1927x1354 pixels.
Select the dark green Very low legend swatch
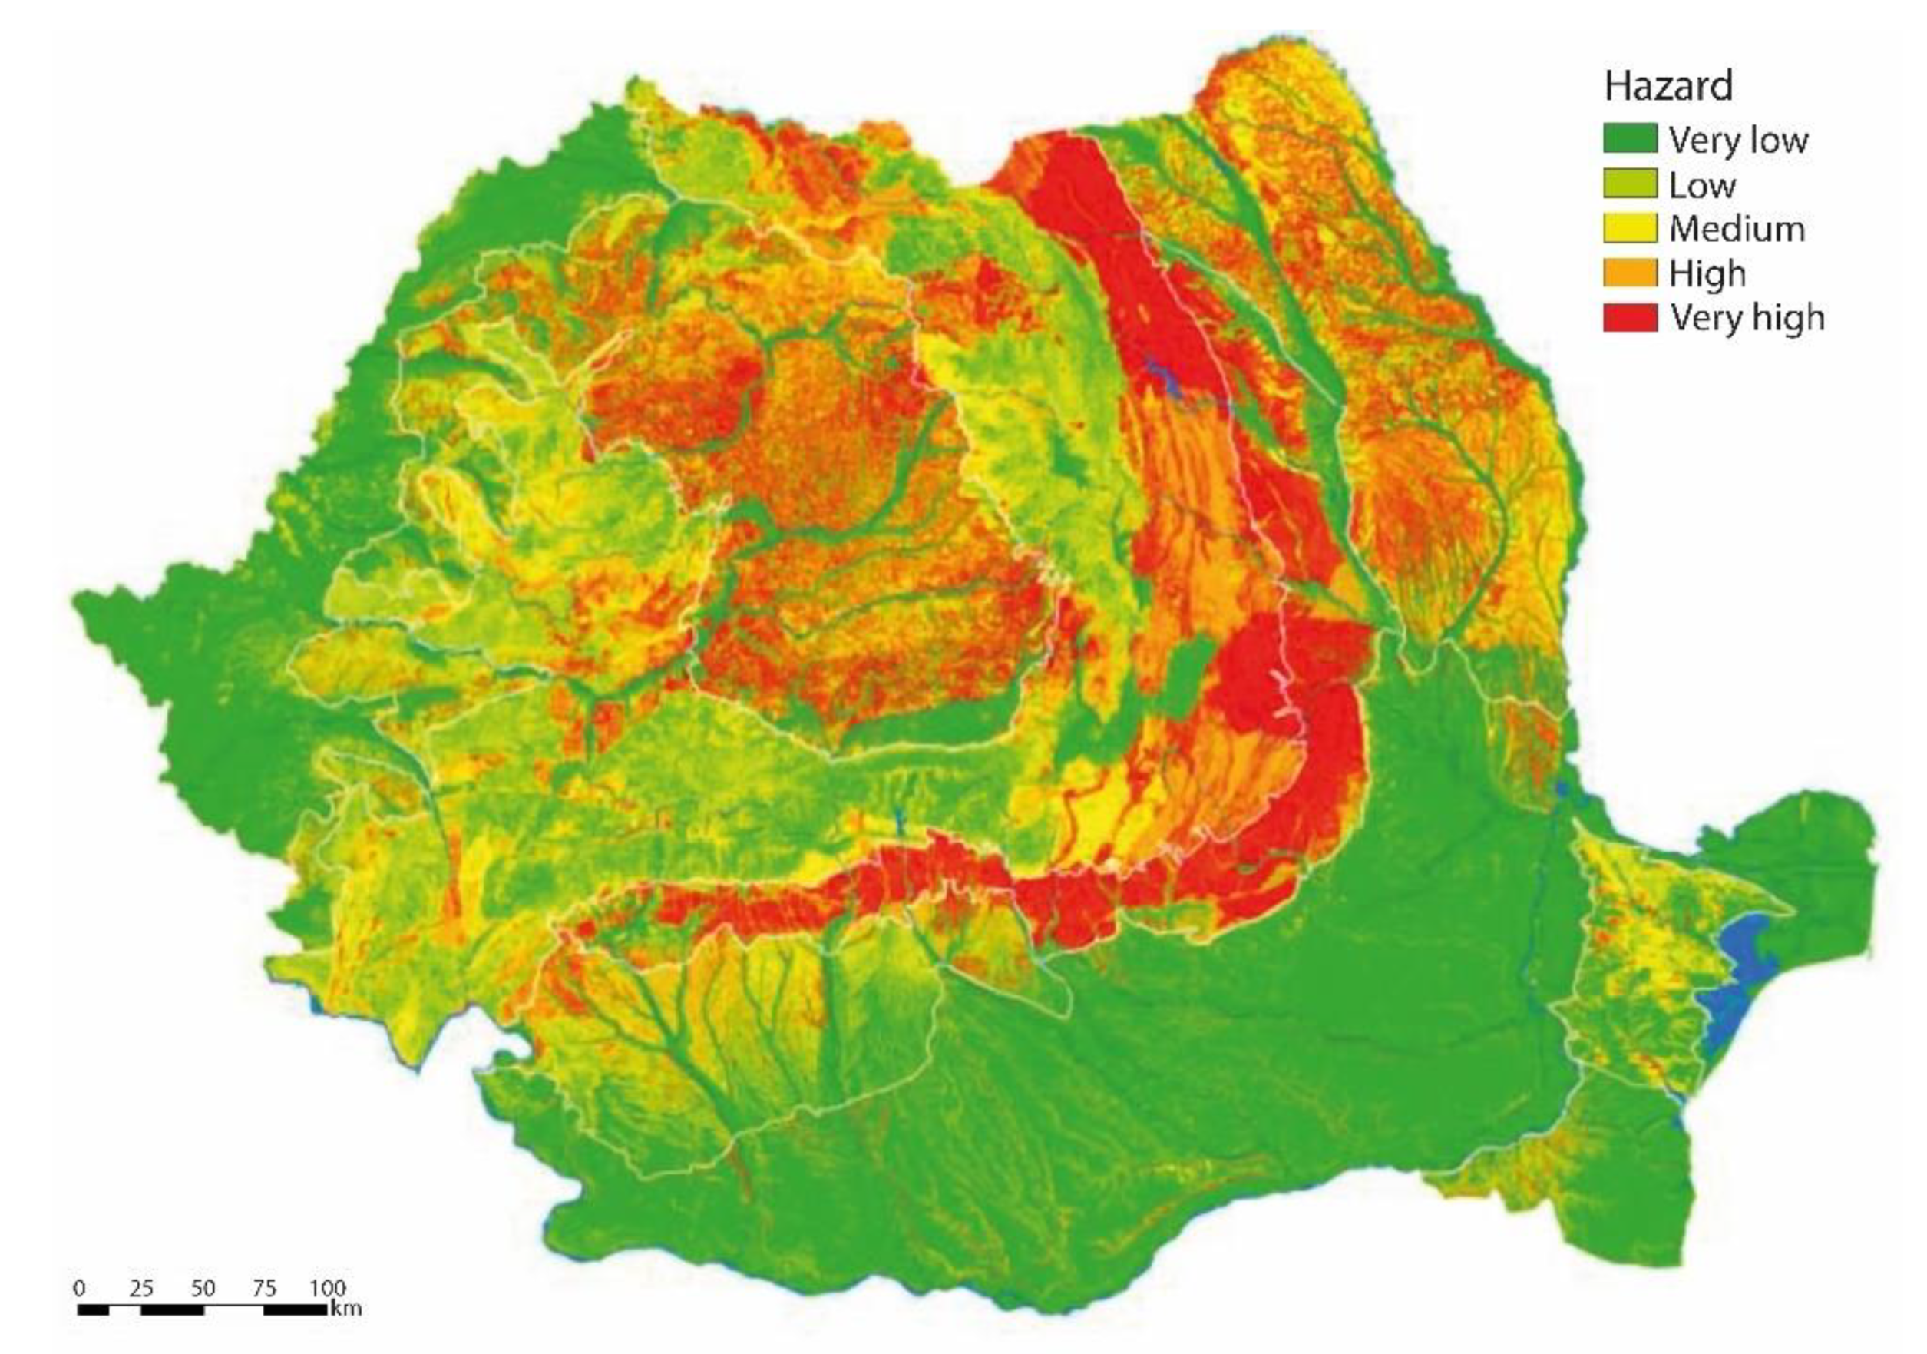point(1630,138)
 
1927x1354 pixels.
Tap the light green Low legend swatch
point(1630,184)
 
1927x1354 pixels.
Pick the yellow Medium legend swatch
point(1630,228)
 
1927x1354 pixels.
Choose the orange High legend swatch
point(1630,273)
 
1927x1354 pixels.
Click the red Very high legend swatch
point(1630,317)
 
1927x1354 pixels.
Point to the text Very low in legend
point(1737,139)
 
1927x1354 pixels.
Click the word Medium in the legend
point(1736,228)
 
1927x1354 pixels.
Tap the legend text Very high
point(1746,317)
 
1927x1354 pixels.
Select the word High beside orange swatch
point(1706,273)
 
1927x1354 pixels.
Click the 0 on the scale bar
point(80,1288)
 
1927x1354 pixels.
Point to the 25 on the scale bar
point(141,1288)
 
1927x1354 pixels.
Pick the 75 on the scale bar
point(264,1288)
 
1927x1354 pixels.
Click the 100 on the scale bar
point(327,1288)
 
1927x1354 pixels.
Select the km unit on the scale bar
point(346,1308)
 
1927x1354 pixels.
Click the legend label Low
point(1701,184)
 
